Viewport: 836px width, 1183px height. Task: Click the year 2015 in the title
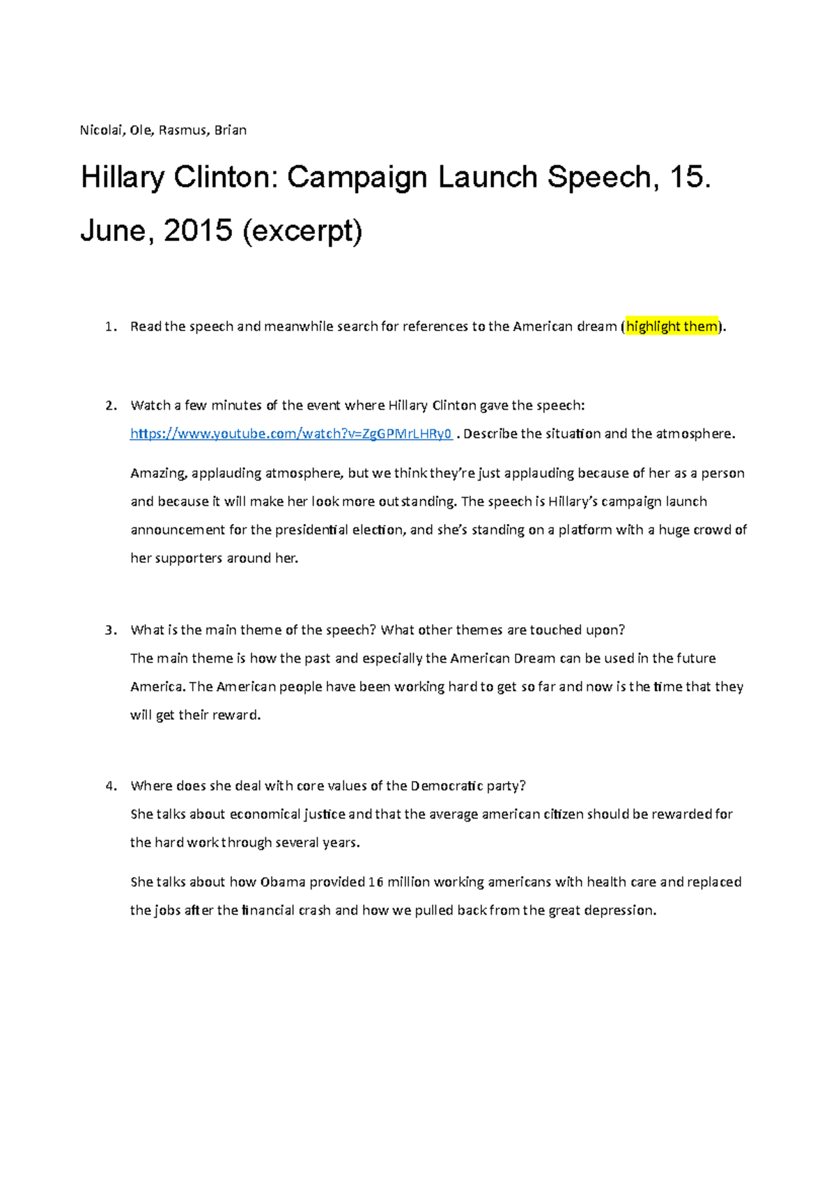coord(198,231)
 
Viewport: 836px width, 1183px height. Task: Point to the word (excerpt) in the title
coord(302,231)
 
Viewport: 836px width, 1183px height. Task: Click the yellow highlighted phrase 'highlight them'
coord(672,326)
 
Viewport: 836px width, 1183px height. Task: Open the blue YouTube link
coord(291,434)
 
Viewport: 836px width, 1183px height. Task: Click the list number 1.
coord(109,327)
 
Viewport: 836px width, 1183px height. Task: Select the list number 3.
coord(109,631)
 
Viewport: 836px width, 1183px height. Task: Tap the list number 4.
coord(109,787)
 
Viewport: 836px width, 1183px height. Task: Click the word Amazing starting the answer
coord(158,474)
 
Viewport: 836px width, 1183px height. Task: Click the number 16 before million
coord(376,882)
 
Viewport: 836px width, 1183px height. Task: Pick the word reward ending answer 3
coord(238,716)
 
